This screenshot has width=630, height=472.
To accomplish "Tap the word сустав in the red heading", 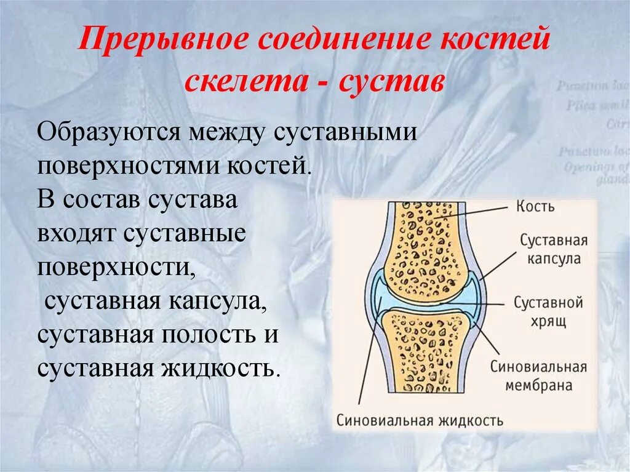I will pos(390,82).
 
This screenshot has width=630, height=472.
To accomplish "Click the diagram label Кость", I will pos(535,206).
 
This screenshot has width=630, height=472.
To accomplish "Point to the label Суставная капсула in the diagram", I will pos(553,249).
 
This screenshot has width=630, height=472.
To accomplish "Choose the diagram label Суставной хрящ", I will pos(548,311).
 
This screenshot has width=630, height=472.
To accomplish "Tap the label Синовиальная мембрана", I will pos(538,376).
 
